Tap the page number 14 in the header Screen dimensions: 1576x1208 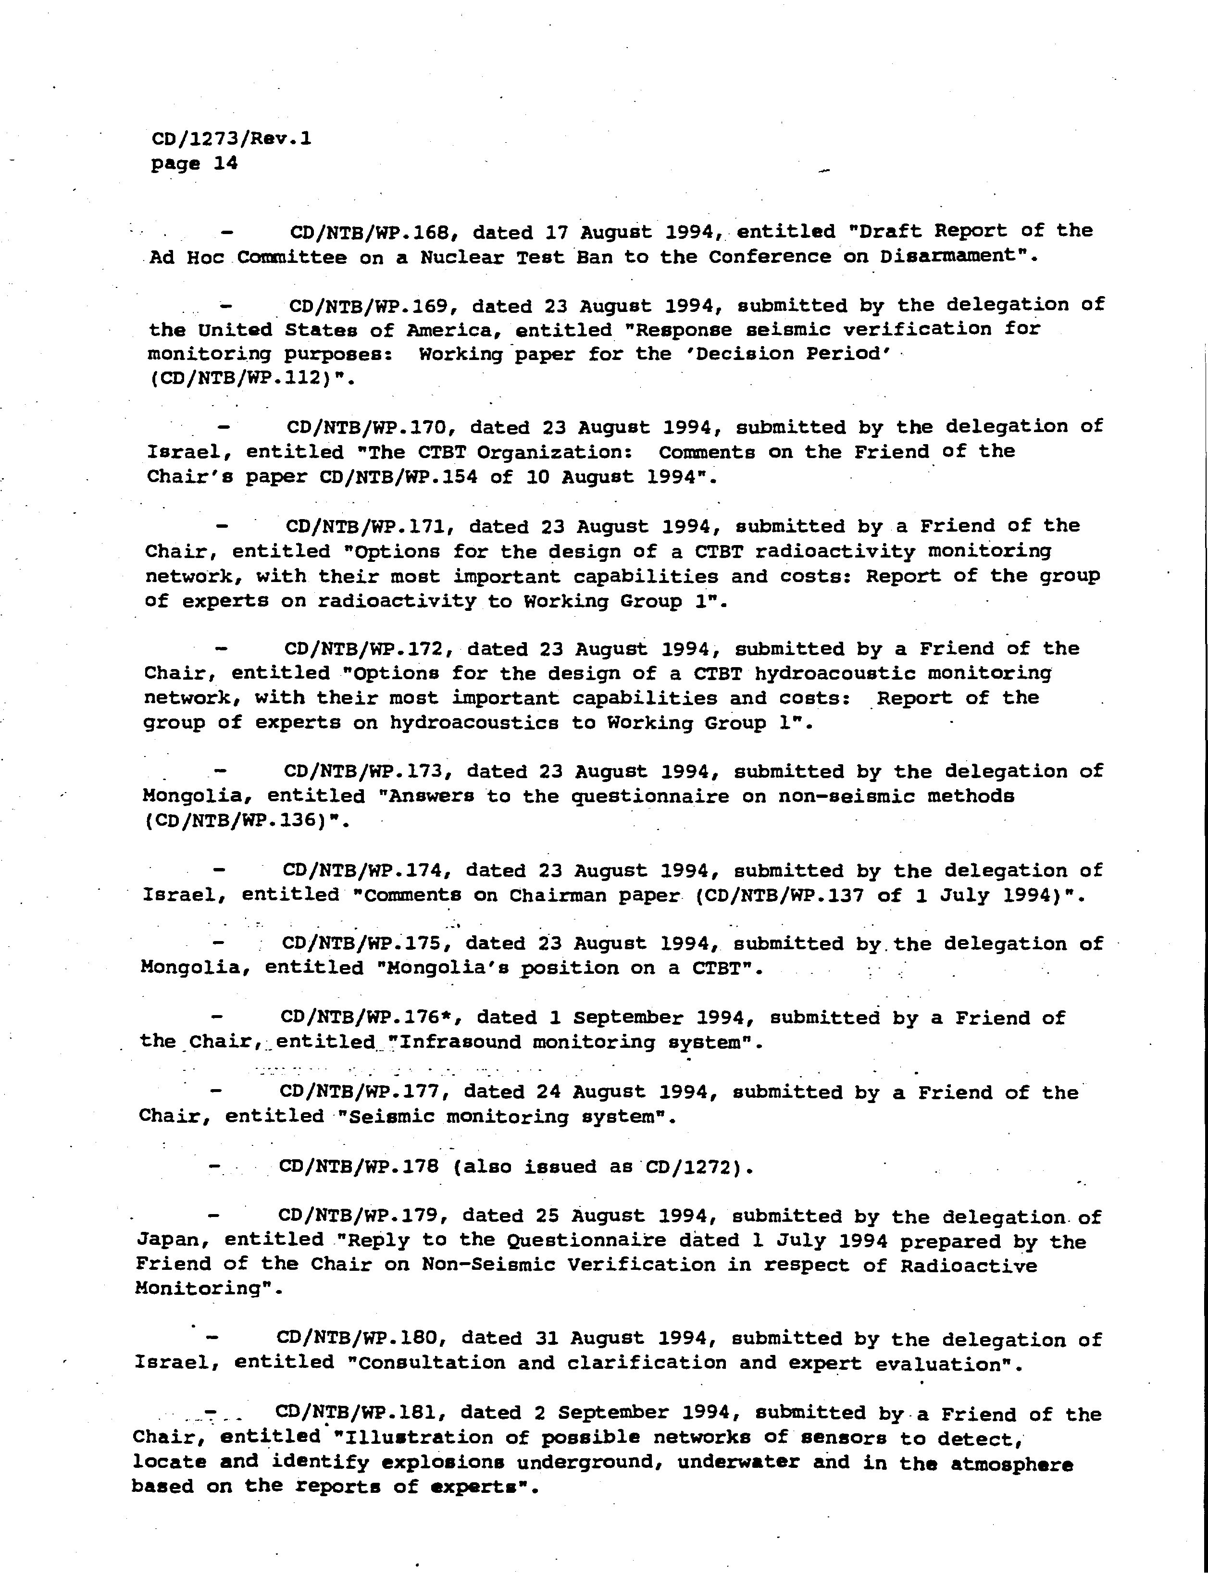click(x=225, y=163)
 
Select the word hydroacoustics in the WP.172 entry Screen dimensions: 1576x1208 click(x=474, y=722)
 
